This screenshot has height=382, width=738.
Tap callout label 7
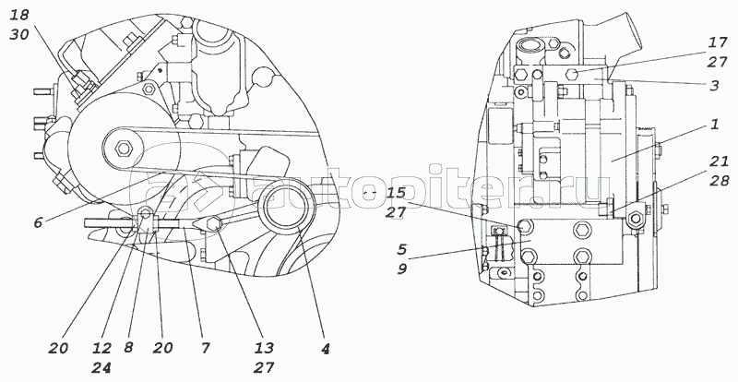tap(206, 349)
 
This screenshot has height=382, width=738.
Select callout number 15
tap(395, 194)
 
